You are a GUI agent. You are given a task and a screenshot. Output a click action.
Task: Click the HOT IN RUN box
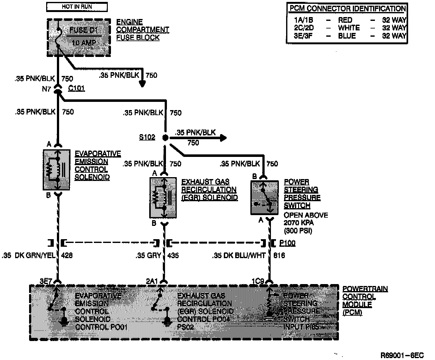[x=77, y=7]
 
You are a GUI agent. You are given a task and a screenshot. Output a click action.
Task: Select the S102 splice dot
[x=165, y=138]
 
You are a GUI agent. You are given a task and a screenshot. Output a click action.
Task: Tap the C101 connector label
[x=77, y=88]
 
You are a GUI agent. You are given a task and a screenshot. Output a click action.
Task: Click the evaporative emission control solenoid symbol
[x=56, y=170]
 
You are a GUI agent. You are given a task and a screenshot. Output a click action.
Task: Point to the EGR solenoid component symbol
[x=163, y=198]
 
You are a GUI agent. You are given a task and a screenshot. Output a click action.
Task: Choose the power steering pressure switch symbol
[x=264, y=198]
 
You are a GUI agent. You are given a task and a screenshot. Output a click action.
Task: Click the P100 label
[x=287, y=243]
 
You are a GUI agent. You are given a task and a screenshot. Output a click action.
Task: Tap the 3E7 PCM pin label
[x=46, y=281]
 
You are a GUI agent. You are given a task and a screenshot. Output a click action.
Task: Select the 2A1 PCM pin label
[x=152, y=281]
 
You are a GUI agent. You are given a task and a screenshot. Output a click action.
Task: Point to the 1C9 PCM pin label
[x=257, y=281]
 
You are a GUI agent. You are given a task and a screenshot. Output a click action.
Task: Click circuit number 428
[x=67, y=255]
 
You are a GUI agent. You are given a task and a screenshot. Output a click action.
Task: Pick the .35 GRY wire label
[x=149, y=255]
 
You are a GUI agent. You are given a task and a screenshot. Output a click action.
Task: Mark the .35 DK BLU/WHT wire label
[x=239, y=255]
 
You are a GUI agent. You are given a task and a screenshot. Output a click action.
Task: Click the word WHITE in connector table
[x=349, y=28]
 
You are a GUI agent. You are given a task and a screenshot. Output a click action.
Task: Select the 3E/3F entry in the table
[x=303, y=36]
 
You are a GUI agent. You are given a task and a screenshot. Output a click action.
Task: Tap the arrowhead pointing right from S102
[x=223, y=138]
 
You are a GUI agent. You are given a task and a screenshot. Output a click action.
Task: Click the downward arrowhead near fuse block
[x=143, y=84]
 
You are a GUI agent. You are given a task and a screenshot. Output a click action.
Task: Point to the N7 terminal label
[x=46, y=89]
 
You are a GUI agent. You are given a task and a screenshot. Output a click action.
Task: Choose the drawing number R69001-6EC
[x=402, y=355]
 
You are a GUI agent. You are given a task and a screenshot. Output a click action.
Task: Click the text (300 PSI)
[x=298, y=231]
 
